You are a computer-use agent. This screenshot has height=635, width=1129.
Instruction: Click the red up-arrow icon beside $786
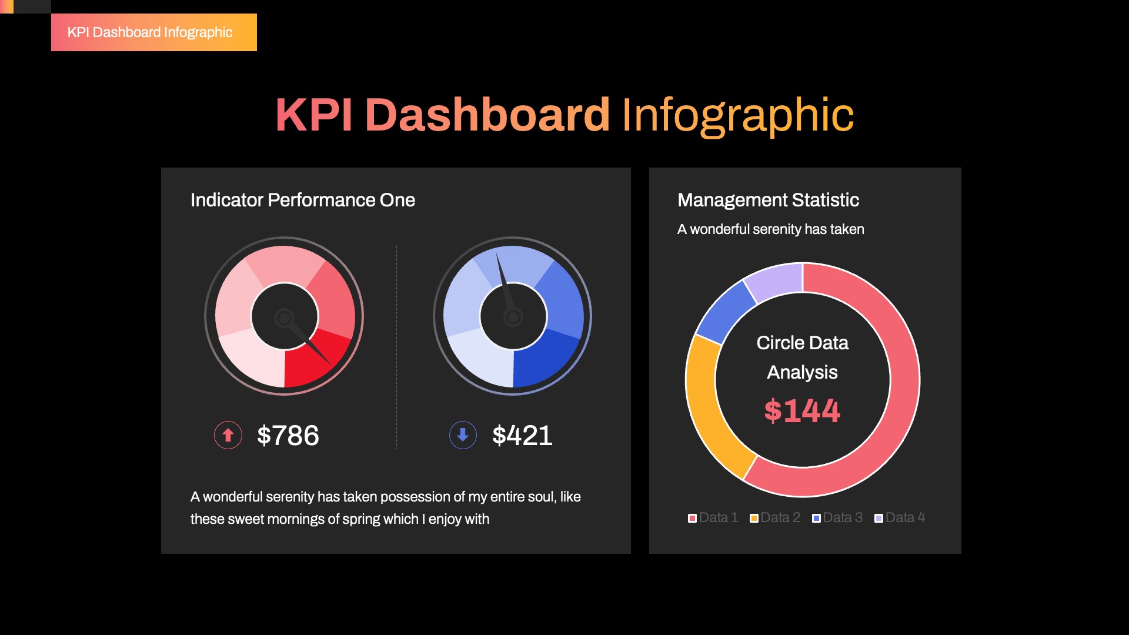coord(228,435)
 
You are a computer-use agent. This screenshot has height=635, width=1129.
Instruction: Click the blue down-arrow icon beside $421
coord(463,435)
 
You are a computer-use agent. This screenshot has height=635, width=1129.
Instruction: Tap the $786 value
coord(288,436)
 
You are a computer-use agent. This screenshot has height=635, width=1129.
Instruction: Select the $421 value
coord(522,436)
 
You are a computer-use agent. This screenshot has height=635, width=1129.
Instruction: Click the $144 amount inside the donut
coord(802,410)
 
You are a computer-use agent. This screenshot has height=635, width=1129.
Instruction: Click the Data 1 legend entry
coord(713,517)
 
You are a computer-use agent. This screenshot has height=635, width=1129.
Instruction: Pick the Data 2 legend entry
coord(775,517)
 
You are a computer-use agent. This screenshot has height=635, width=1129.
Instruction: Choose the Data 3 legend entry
coord(837,517)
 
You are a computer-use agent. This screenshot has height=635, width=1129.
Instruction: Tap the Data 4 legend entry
coord(900,517)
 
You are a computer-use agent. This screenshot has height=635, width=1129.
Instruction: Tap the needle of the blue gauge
coord(505,282)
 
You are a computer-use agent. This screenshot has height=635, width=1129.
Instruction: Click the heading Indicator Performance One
coord(302,200)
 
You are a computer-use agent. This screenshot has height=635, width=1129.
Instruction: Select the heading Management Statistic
coord(768,200)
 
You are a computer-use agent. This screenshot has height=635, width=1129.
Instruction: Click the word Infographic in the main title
coord(737,115)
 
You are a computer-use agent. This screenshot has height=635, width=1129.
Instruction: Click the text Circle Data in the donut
coord(802,343)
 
